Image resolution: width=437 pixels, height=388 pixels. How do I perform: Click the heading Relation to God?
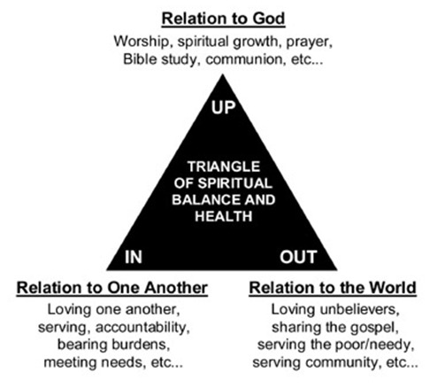(x=223, y=19)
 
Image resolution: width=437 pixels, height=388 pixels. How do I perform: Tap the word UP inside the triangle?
(x=223, y=107)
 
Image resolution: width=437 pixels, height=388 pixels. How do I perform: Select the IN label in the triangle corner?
(x=134, y=257)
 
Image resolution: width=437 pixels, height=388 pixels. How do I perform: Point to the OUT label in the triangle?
(x=298, y=257)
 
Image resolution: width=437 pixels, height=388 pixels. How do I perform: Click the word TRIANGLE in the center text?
(x=224, y=167)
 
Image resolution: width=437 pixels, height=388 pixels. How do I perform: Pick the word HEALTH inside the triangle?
(x=224, y=216)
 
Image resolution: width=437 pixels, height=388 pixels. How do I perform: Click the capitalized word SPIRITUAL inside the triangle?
(x=234, y=183)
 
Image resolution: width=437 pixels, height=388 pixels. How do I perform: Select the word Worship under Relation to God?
(x=142, y=42)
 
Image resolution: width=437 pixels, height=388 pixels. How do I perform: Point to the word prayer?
(x=310, y=43)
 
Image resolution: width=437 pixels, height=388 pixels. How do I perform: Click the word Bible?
(x=140, y=59)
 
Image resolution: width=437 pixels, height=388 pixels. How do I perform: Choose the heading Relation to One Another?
(x=112, y=288)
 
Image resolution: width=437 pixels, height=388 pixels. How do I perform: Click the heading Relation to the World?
(x=333, y=288)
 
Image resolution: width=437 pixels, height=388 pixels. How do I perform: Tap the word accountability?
(x=142, y=328)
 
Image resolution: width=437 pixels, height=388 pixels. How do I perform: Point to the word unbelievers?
(x=359, y=310)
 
